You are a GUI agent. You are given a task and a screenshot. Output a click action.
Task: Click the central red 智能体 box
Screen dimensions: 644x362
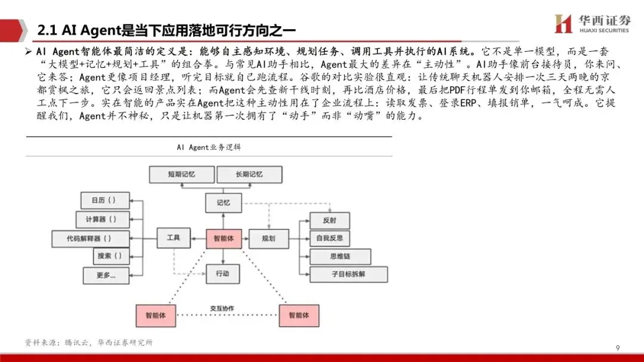[223, 238]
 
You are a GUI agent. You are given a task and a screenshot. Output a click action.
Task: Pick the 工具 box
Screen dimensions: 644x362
[173, 238]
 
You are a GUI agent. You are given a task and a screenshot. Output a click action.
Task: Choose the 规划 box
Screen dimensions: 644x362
[268, 238]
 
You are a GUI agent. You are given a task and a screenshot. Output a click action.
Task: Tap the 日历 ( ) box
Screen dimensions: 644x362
[103, 200]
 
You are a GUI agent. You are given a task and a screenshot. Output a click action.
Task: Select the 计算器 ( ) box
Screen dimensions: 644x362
[103, 219]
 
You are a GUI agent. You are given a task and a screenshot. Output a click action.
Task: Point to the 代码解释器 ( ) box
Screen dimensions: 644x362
[89, 238]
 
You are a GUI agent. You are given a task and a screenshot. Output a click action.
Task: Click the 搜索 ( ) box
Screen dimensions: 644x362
[110, 256]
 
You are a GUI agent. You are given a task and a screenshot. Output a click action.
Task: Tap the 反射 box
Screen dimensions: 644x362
[329, 220]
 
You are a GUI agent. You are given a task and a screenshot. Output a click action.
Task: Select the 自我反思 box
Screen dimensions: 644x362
[329, 238]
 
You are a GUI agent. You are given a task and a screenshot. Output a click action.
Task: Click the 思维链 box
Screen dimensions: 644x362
[337, 257]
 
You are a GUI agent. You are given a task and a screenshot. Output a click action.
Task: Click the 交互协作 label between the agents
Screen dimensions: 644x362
[222, 308]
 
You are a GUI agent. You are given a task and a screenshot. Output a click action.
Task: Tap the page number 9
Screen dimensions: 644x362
[617, 348]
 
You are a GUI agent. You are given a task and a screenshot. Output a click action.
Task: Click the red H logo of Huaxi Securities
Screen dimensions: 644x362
[563, 24]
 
